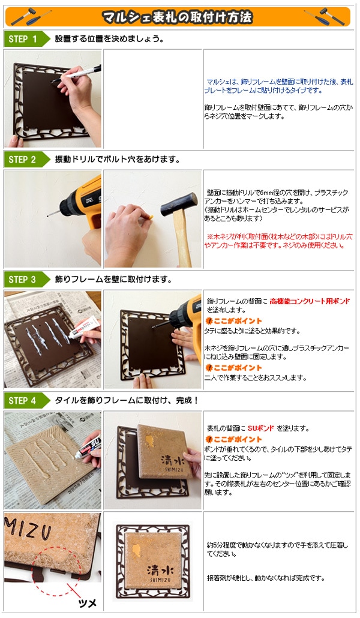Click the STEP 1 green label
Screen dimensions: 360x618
[x=26, y=39]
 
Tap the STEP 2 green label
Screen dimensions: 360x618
[x=26, y=160]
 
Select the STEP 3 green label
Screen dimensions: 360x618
[x=26, y=280]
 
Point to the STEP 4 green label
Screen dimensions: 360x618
[x=26, y=401]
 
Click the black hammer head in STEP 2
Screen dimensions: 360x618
[x=179, y=204]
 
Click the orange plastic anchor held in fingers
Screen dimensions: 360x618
[x=150, y=217]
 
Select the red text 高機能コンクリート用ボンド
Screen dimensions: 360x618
[x=310, y=302]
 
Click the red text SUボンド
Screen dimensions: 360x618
[x=260, y=428]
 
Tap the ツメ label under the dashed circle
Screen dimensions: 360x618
[x=88, y=603]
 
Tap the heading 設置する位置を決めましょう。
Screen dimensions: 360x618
[x=109, y=39]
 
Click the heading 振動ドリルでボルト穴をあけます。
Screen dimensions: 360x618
[x=118, y=160]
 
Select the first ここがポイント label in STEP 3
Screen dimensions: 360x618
[x=233, y=321]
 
